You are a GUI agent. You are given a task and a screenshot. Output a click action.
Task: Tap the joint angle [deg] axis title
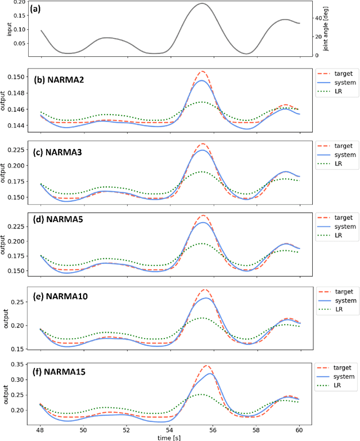click(x=326, y=29)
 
